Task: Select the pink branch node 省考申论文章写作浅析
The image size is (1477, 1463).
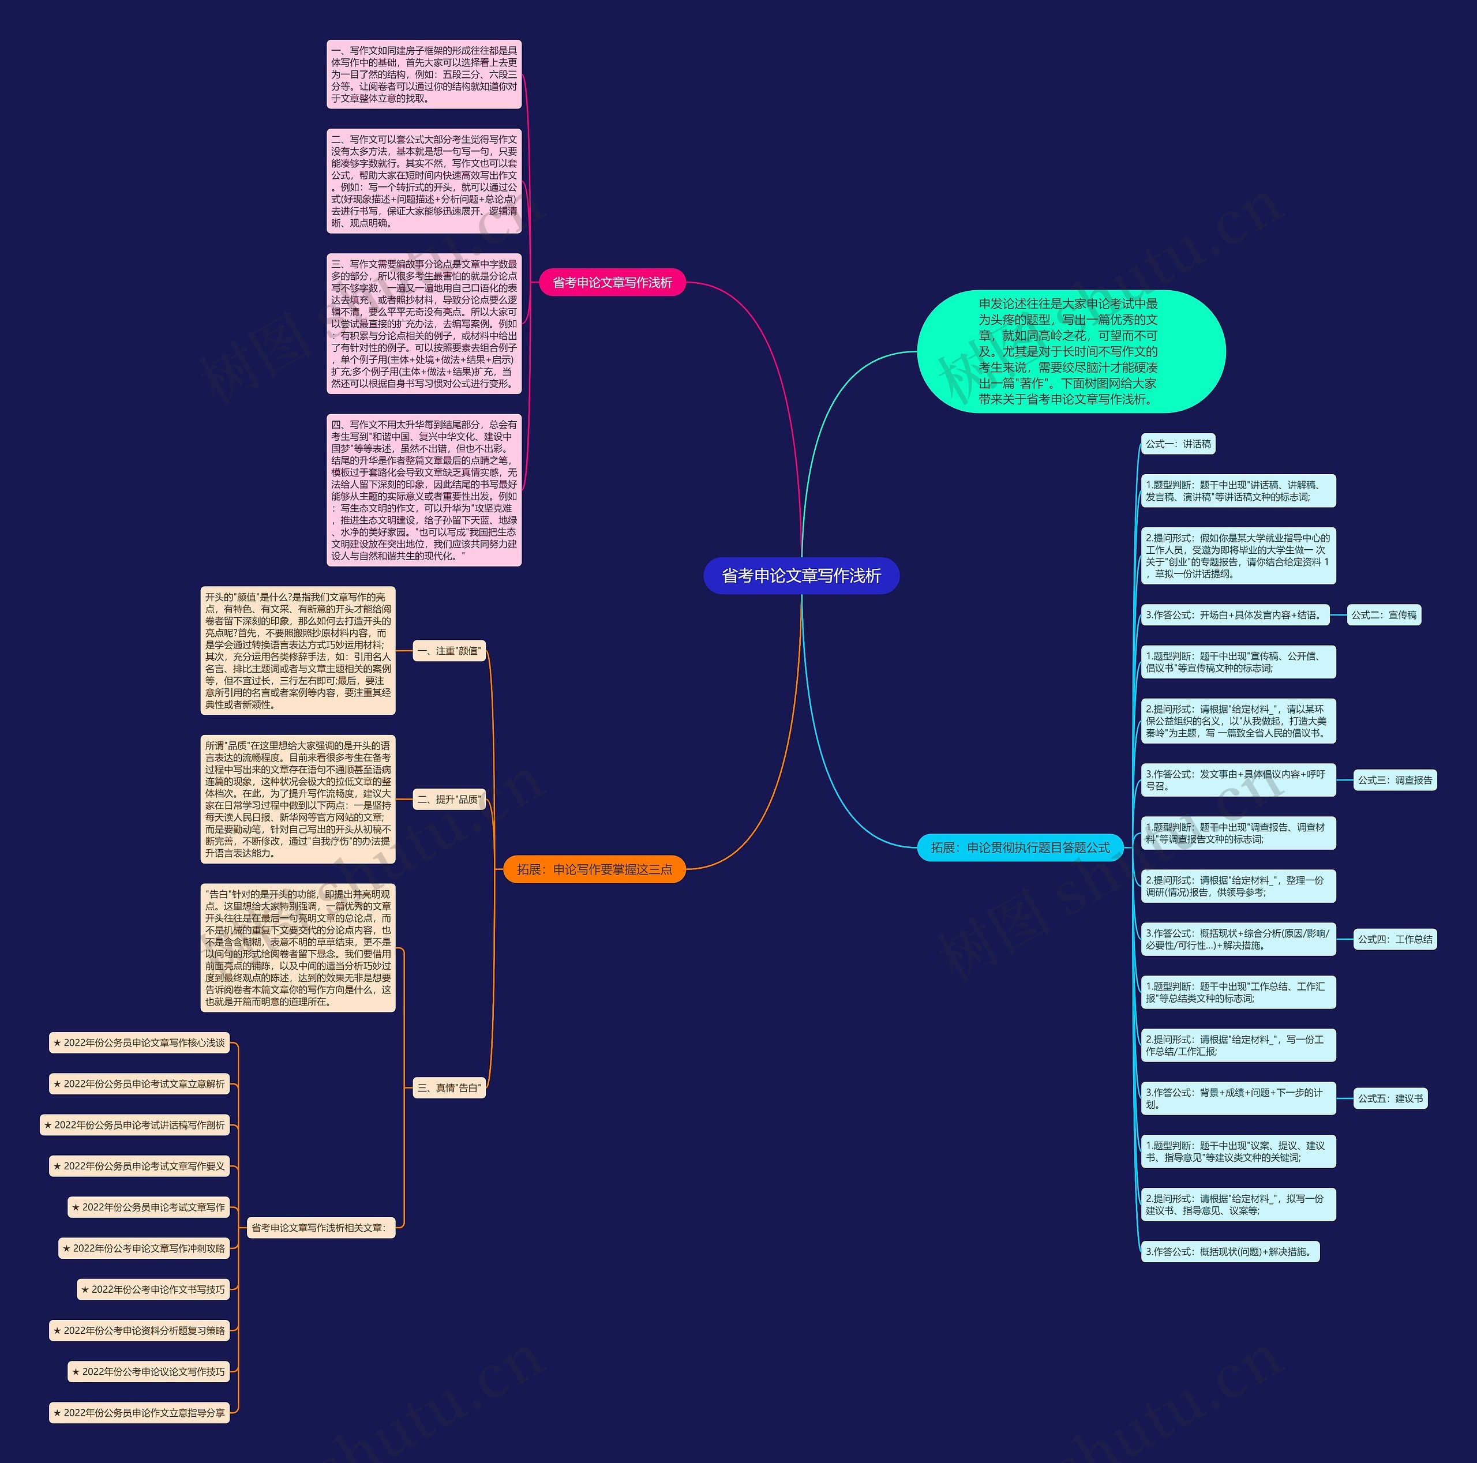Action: (x=612, y=283)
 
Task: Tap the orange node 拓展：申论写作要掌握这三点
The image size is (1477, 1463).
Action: (x=594, y=869)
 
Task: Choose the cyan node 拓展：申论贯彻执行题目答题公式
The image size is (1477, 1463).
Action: (x=1020, y=847)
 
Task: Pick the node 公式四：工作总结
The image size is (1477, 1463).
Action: (x=1394, y=939)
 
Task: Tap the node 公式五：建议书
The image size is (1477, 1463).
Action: (x=1390, y=1098)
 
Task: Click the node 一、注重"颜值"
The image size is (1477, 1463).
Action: (x=449, y=651)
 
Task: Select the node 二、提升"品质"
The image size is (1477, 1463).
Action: (x=449, y=800)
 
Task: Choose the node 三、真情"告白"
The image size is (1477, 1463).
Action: (x=449, y=1087)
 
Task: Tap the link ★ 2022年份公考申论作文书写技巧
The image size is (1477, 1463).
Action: (x=158, y=1289)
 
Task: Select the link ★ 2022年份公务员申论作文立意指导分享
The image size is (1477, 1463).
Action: (x=139, y=1413)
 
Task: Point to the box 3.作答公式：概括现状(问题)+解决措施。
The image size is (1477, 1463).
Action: (x=1230, y=1252)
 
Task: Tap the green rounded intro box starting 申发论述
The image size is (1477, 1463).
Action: (x=1070, y=351)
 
